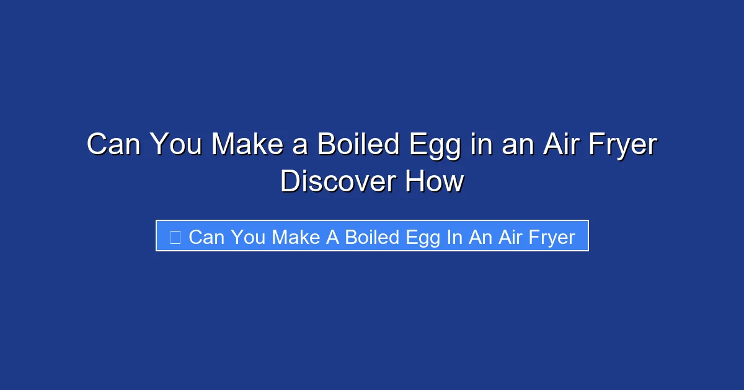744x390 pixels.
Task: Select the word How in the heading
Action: (x=434, y=181)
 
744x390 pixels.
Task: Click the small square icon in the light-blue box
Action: (x=175, y=236)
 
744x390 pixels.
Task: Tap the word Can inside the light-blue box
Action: (x=208, y=237)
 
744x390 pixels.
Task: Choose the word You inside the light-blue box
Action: (x=250, y=237)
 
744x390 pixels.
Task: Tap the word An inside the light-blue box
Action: (x=480, y=237)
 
